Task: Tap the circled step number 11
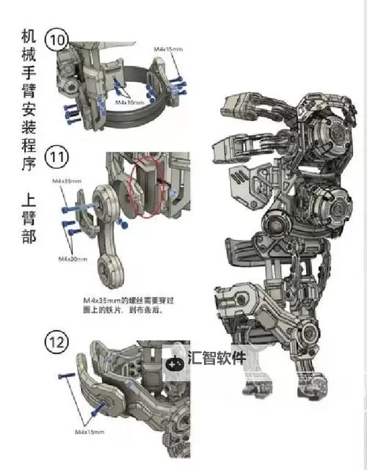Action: pos(58,158)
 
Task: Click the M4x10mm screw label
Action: pos(129,103)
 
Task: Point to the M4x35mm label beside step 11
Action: pos(66,180)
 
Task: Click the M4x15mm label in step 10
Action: pos(169,48)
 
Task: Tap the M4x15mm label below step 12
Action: pos(90,433)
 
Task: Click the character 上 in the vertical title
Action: pos(28,199)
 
